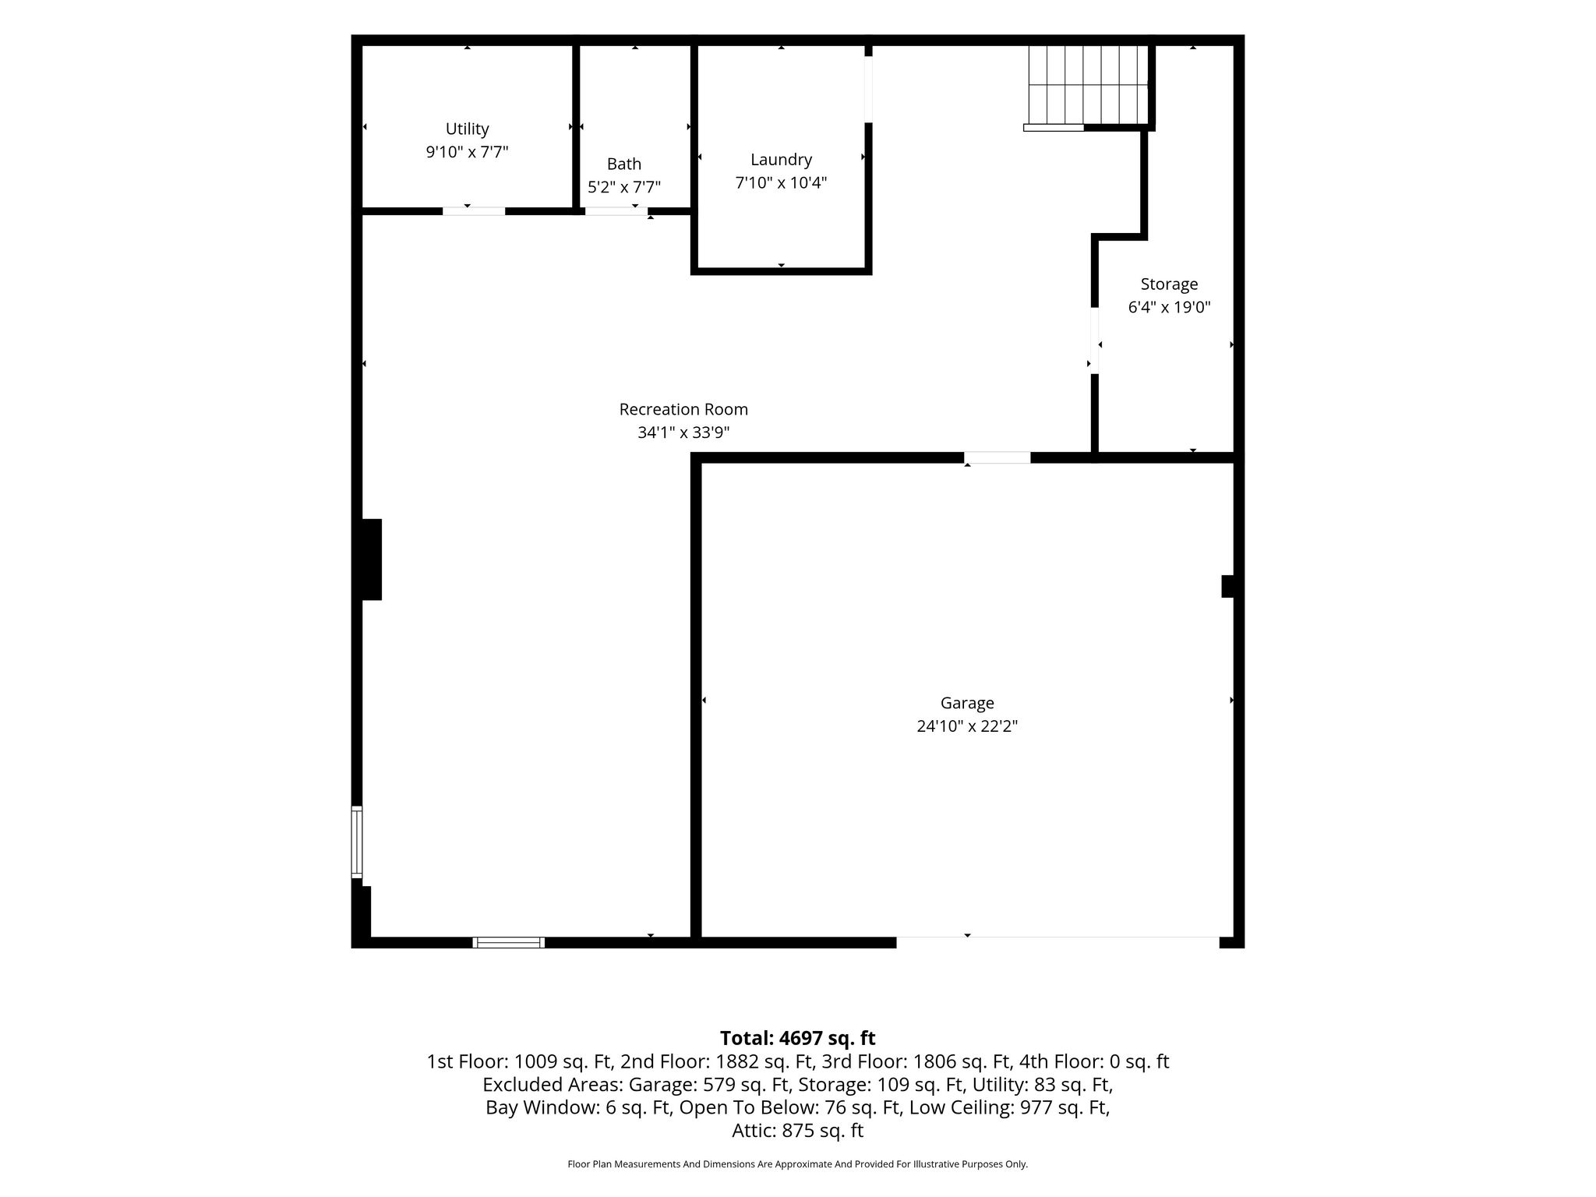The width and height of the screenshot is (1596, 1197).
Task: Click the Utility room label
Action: pyautogui.click(x=467, y=129)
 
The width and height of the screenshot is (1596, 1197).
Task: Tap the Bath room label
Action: pyautogui.click(x=624, y=164)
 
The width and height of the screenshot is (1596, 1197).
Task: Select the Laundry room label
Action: pyautogui.click(x=781, y=160)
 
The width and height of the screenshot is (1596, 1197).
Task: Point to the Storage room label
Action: pyautogui.click(x=1169, y=284)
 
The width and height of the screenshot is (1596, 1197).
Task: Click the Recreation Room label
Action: pyautogui.click(x=683, y=409)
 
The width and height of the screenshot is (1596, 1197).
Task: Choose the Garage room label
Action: pyautogui.click(x=967, y=703)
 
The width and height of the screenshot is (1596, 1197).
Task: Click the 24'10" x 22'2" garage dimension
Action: pyautogui.click(x=967, y=726)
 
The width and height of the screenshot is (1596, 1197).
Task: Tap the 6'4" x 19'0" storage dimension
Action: pyautogui.click(x=1169, y=307)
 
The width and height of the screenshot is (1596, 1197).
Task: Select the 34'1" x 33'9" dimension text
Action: pyautogui.click(x=683, y=433)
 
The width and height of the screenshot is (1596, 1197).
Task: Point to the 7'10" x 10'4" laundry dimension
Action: pyautogui.click(x=781, y=183)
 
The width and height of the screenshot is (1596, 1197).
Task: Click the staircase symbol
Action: pyautogui.click(x=1088, y=85)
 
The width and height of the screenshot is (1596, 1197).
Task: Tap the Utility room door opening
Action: pyautogui.click(x=474, y=211)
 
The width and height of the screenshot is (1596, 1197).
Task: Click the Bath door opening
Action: pyautogui.click(x=616, y=211)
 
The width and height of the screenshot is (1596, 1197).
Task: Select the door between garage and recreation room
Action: pyautogui.click(x=997, y=457)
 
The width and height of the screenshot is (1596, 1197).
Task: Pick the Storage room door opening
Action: pyautogui.click(x=1095, y=341)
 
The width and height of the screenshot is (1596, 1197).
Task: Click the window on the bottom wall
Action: pyautogui.click(x=509, y=942)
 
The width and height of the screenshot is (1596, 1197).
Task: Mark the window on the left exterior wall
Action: pyautogui.click(x=357, y=842)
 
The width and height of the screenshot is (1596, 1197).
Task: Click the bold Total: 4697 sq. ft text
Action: pyautogui.click(x=797, y=1038)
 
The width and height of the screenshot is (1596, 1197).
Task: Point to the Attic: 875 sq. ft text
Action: pyautogui.click(x=797, y=1131)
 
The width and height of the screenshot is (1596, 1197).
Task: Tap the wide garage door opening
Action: pyautogui.click(x=1058, y=942)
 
